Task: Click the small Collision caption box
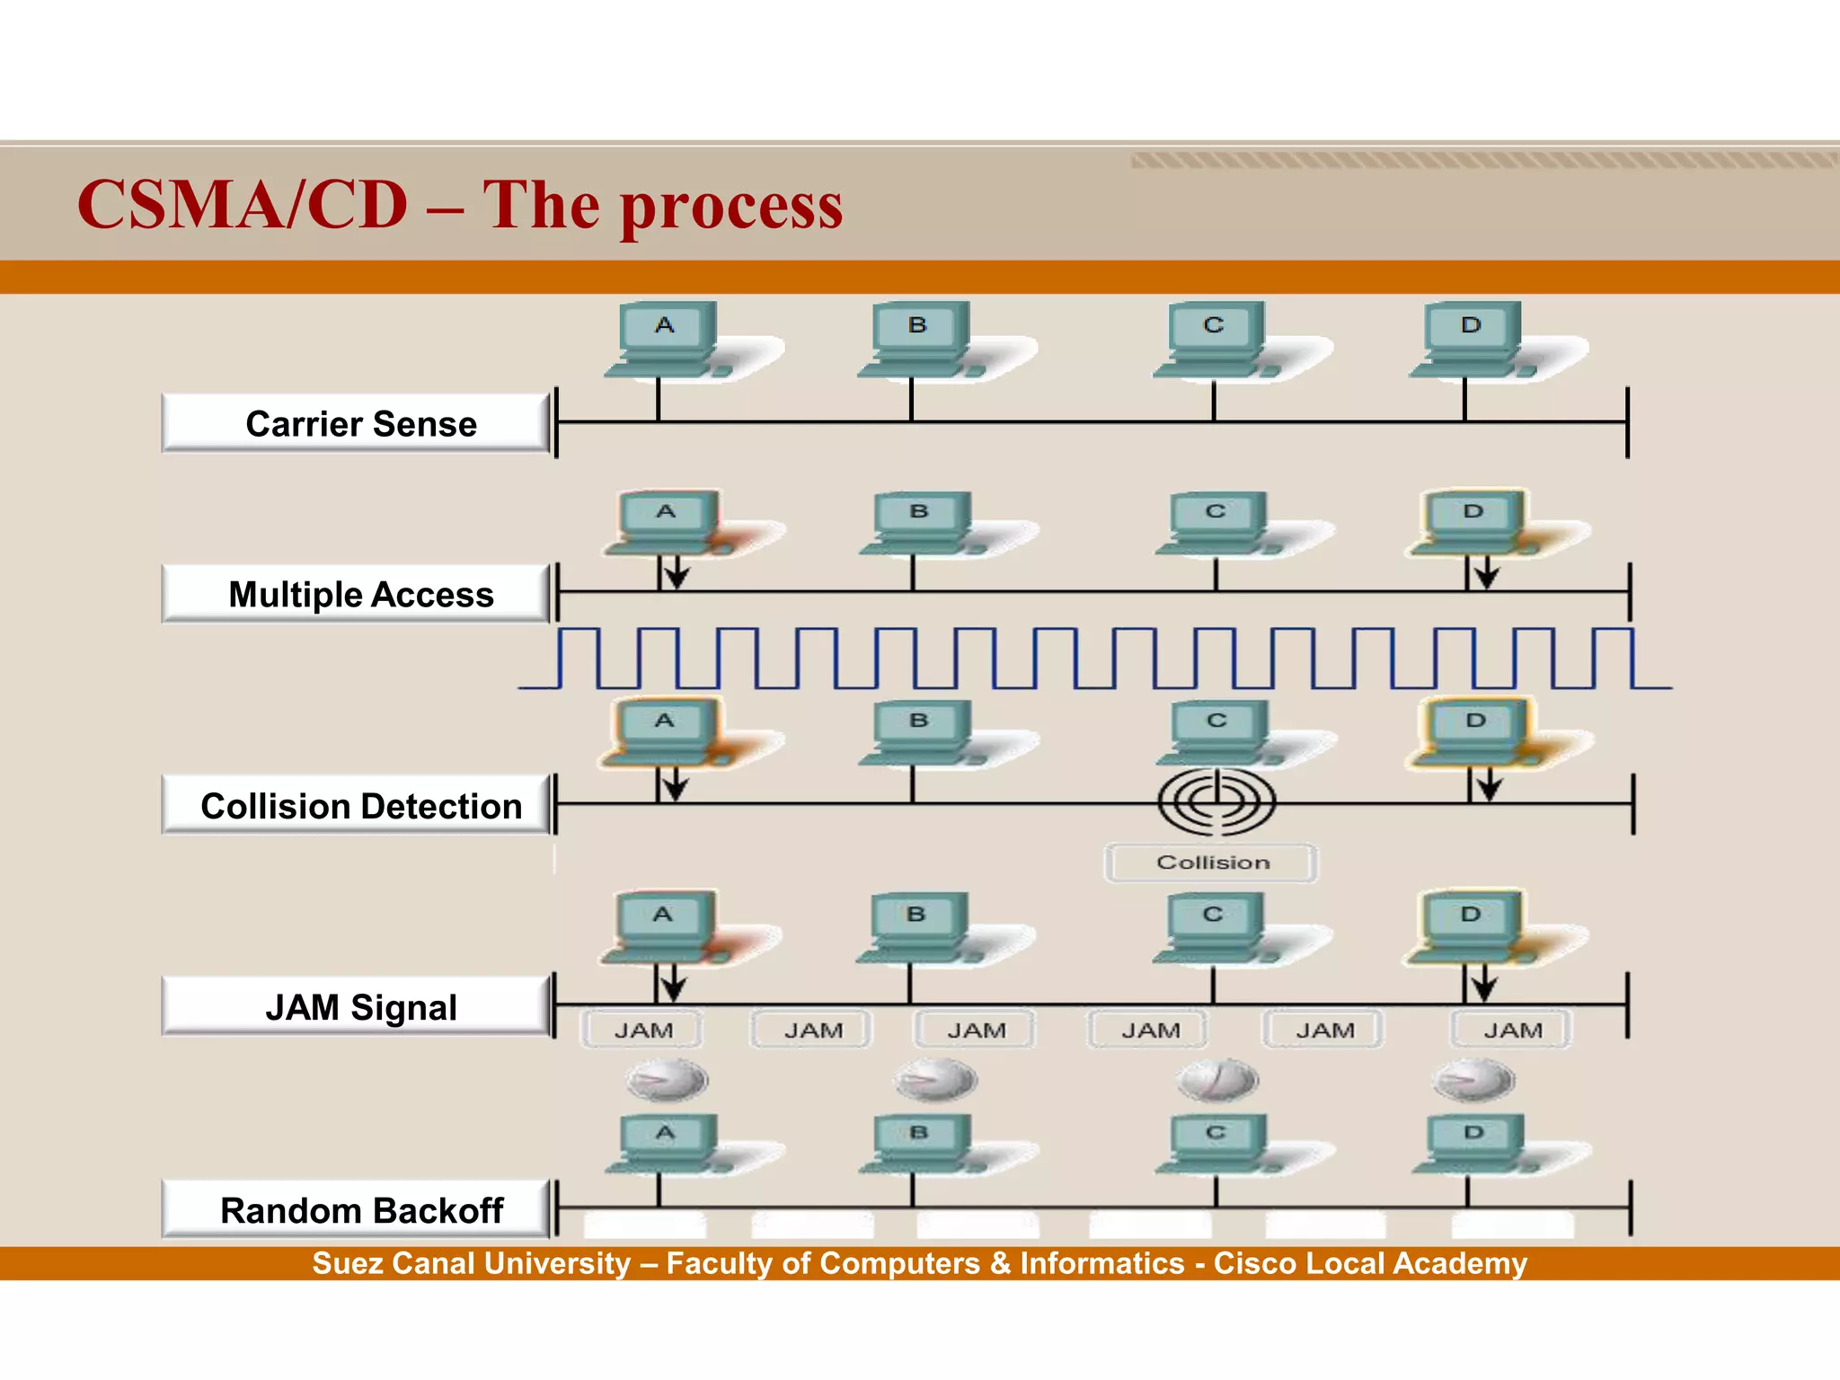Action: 1211,862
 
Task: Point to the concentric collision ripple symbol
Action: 1216,801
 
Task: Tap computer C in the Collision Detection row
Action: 1216,733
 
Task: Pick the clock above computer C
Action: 1217,1079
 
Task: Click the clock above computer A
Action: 667,1079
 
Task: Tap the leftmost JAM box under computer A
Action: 642,1030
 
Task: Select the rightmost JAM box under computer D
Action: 1511,1030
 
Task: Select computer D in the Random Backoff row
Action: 1473,1144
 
